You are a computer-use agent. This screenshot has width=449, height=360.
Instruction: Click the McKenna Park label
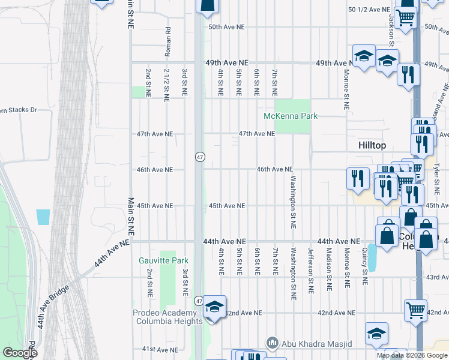pos(291,116)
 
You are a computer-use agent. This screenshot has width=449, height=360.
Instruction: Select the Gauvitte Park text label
pos(163,260)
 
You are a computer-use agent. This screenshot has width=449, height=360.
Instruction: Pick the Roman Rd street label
pos(168,41)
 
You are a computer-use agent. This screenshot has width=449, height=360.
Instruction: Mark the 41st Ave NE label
pos(158,349)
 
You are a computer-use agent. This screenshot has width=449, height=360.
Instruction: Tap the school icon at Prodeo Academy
pos(214,307)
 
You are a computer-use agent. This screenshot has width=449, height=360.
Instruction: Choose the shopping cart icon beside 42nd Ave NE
pos(415,310)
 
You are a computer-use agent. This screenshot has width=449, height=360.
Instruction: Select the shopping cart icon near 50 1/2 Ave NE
pos(406,17)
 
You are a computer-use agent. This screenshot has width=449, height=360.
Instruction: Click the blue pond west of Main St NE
pos(43,217)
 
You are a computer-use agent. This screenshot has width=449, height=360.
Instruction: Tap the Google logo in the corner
pos(20,353)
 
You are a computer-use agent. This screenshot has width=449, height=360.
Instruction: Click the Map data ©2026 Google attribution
pos(412,355)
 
